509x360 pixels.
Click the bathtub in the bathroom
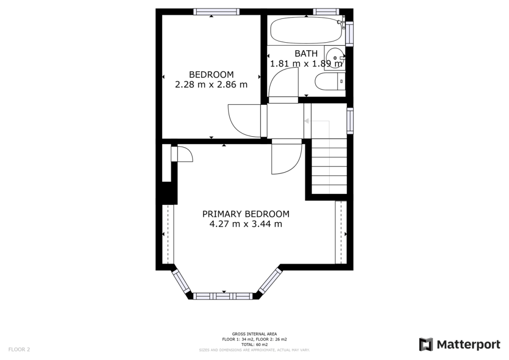(x=306, y=30)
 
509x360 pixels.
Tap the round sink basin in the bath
(x=335, y=58)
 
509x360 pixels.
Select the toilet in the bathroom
(x=330, y=81)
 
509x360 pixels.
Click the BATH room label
(x=306, y=53)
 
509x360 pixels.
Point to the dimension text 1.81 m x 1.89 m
(x=306, y=63)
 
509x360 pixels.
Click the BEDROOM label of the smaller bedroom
(x=211, y=75)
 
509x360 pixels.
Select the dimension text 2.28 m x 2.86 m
(x=211, y=85)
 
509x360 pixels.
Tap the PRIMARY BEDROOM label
(x=246, y=214)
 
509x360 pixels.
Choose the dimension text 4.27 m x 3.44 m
(x=246, y=224)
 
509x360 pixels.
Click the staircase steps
(x=329, y=166)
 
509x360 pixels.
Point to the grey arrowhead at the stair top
(x=306, y=121)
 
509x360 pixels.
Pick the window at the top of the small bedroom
(x=217, y=12)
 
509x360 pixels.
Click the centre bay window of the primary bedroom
(x=223, y=296)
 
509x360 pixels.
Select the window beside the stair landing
(x=350, y=121)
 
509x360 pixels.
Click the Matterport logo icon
(x=426, y=345)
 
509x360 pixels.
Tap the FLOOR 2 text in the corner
(x=19, y=350)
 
